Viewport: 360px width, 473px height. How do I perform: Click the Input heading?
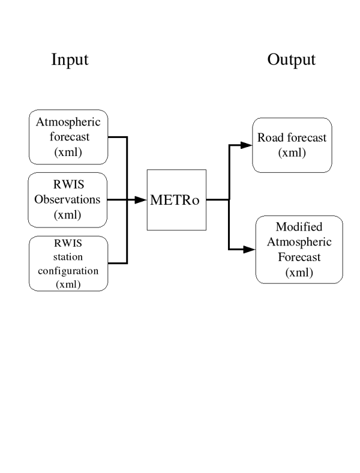coord(70,60)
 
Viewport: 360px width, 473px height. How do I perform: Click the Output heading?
coord(291,60)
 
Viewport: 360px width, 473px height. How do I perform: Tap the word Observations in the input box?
coord(68,199)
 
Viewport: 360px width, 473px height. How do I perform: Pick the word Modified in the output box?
coord(299,227)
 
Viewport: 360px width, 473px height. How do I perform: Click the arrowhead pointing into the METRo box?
coord(141,200)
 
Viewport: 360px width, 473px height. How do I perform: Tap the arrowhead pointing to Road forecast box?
coord(245,145)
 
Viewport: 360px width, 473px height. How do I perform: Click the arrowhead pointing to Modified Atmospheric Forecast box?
coord(248,249)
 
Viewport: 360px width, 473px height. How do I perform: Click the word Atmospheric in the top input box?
coord(68,123)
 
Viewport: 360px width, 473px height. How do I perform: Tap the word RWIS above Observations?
coord(68,185)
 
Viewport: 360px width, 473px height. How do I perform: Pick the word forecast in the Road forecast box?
coord(305,137)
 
